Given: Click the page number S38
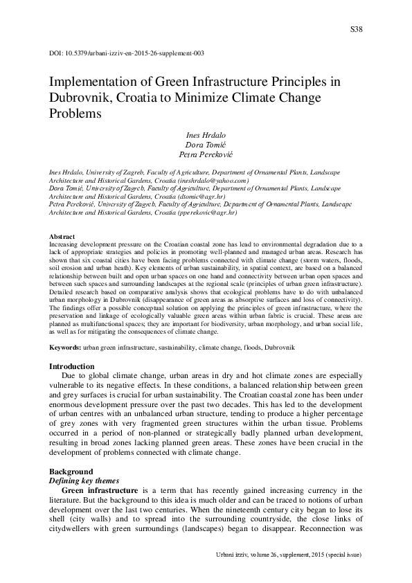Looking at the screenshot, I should click(357, 29).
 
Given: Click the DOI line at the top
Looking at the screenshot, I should click(127, 53).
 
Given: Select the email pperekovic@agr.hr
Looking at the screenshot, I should click(215, 215).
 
